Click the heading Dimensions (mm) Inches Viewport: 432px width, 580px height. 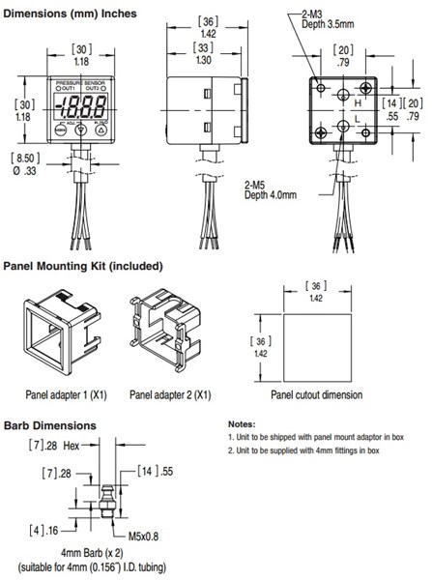tap(68, 14)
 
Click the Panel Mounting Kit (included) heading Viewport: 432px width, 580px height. tap(82, 265)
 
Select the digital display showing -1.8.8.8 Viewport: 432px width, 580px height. tap(80, 107)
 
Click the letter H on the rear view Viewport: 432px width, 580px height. tap(357, 101)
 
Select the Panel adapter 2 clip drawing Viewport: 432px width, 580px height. tap(162, 333)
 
